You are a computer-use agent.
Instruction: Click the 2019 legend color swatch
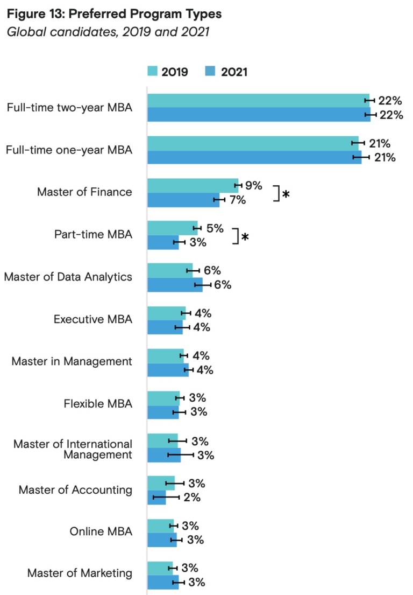tap(152, 72)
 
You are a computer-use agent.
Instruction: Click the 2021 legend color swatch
tap(211, 72)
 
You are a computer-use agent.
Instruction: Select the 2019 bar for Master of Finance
tap(193, 185)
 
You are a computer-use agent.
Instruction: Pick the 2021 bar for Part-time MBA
tap(163, 242)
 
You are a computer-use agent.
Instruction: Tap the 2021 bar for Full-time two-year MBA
tap(259, 115)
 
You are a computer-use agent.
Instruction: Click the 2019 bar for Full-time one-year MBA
tap(253, 143)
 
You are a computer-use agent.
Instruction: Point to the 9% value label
tap(253, 186)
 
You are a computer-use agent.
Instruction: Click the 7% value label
tap(238, 200)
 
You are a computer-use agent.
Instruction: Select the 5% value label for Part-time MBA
tap(215, 228)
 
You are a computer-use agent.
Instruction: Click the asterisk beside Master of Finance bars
tap(286, 194)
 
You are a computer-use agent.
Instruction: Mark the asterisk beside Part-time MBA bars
tap(245, 236)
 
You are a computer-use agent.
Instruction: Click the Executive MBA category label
tap(92, 319)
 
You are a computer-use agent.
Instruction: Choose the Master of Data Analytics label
tap(68, 277)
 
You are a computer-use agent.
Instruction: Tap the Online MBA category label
tap(101, 531)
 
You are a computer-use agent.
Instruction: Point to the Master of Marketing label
tap(80, 573)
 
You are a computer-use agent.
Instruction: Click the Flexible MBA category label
tap(97, 404)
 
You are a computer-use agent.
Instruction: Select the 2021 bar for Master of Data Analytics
tap(175, 285)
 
